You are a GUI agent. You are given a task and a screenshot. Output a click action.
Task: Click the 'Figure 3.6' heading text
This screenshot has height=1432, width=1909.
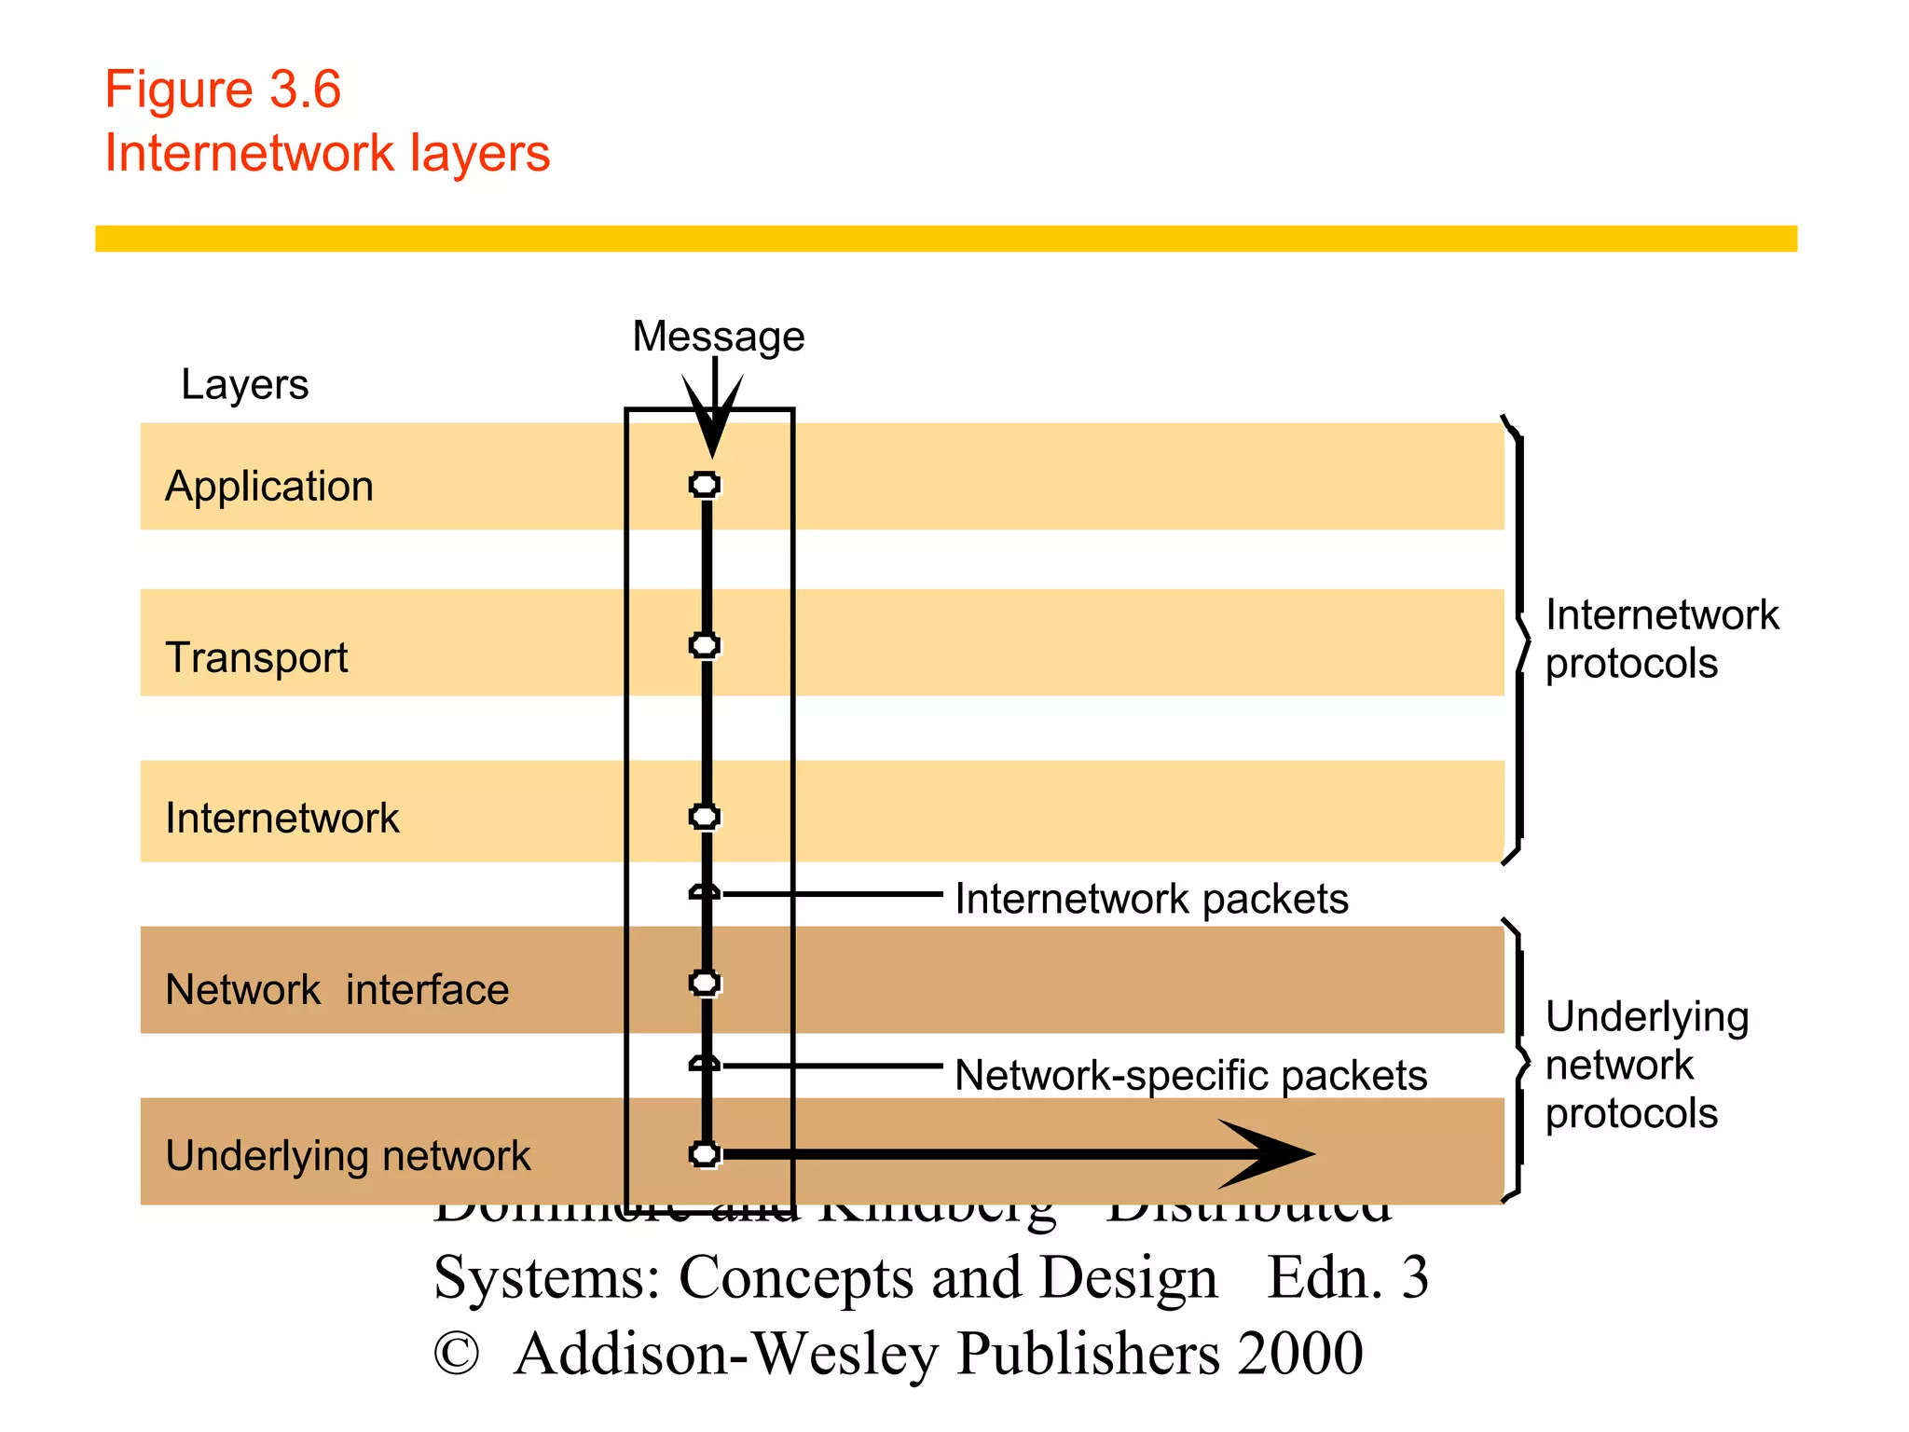pyautogui.click(x=223, y=90)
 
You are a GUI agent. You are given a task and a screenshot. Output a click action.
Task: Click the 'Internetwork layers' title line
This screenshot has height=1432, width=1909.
pyautogui.click(x=327, y=153)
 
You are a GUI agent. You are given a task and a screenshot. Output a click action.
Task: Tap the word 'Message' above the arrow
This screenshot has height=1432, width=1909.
pyautogui.click(x=718, y=337)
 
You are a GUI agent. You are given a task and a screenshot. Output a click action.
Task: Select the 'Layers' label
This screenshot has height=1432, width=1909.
pyautogui.click(x=244, y=384)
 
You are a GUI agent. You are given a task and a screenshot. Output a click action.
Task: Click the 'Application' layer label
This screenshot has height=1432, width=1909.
pyautogui.click(x=269, y=487)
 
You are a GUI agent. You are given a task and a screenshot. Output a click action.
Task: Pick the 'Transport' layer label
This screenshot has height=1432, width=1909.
pyautogui.click(x=256, y=657)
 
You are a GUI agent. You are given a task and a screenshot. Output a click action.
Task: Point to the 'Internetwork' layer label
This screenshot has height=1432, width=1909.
pyautogui.click(x=282, y=819)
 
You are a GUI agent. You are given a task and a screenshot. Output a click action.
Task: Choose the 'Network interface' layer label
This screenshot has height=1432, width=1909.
pyautogui.click(x=336, y=990)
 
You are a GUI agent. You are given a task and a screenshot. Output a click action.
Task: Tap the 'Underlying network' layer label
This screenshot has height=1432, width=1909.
pyautogui.click(x=347, y=1156)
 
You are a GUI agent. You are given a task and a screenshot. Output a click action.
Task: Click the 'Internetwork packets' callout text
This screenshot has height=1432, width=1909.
pyautogui.click(x=1151, y=900)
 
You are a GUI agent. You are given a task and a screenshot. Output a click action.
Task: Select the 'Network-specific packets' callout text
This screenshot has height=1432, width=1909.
pyautogui.click(x=1190, y=1076)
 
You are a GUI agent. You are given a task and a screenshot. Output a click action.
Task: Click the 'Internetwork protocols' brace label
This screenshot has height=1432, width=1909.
pyautogui.click(x=1661, y=640)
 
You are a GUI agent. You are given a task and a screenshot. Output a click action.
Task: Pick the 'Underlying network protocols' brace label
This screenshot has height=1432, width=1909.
pyautogui.click(x=1646, y=1065)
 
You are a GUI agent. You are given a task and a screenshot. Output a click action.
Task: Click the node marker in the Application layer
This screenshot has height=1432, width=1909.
pyautogui.click(x=705, y=485)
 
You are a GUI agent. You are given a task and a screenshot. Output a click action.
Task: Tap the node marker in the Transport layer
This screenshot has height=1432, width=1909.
pyautogui.click(x=705, y=645)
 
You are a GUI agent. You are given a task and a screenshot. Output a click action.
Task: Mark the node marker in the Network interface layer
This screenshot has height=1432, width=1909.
pyautogui.click(x=705, y=983)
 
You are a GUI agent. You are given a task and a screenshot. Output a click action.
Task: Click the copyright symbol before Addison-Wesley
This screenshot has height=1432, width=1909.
pyautogui.click(x=457, y=1354)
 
